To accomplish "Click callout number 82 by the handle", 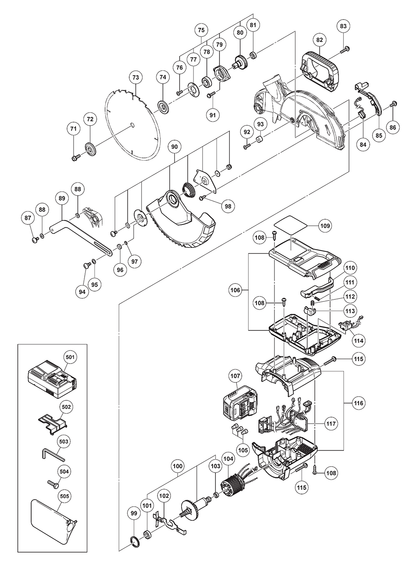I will pos(320,40).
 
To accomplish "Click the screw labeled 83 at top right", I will pos(345,49).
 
